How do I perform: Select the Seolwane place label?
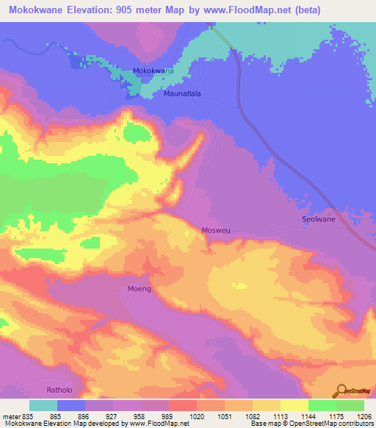(x=319, y=219)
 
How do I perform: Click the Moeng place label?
(x=140, y=289)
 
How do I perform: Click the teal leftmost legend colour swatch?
(x=43, y=405)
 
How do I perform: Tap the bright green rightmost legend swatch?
(x=350, y=405)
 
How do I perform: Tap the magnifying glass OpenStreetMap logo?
(x=341, y=390)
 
